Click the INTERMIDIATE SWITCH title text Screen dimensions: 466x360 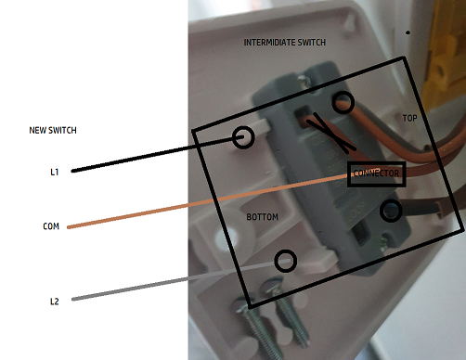click(285, 43)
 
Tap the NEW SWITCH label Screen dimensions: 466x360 click(53, 130)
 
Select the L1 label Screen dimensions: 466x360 click(55, 172)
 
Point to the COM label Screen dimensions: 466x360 click(51, 226)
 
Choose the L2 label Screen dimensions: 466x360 click(55, 302)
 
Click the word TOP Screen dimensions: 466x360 click(409, 118)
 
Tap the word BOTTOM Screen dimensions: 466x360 click(263, 217)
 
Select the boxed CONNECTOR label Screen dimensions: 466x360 click(376, 174)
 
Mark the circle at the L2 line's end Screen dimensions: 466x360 click(286, 251)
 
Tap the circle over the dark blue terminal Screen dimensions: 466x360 click(391, 200)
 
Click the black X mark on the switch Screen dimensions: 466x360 click(332, 134)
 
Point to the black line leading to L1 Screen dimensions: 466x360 click(151, 155)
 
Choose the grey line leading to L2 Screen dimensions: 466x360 click(181, 280)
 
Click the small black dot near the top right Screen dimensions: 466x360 click(408, 32)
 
